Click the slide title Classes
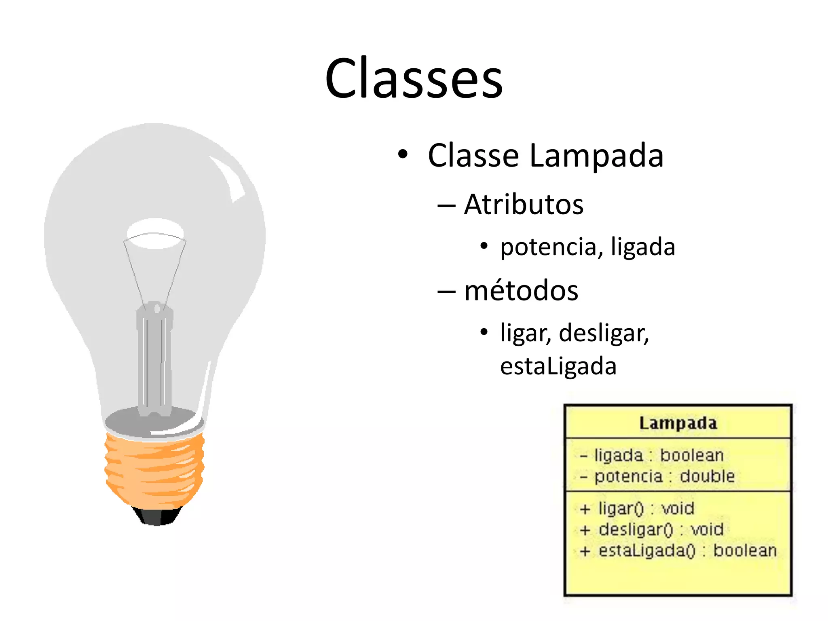pos(414,78)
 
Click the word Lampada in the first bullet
pos(596,156)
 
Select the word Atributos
pos(524,205)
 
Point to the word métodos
pos(521,291)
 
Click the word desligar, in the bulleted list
pos(604,333)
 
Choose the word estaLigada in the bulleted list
pos(558,366)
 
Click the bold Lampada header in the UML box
pos(678,423)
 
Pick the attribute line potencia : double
pos(664,476)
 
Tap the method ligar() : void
pos(646,509)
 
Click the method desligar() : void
pos(661,530)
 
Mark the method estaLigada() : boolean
pos(687,551)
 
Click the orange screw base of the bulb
pos(154,469)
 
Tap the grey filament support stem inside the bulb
pos(154,360)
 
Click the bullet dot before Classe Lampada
pos(403,154)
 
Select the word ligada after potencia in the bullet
pos(643,247)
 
